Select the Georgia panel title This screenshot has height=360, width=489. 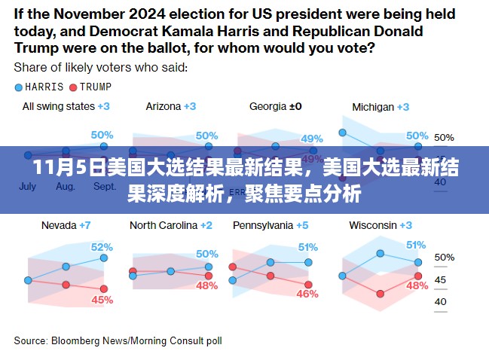tap(275, 106)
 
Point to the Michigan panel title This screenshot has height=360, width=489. tap(380, 107)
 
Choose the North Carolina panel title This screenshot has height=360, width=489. tap(170, 225)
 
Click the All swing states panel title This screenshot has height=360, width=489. tap(66, 106)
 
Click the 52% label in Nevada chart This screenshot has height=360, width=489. tap(102, 246)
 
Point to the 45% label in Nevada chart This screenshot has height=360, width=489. tap(102, 300)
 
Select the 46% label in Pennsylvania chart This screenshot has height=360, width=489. tap(307, 294)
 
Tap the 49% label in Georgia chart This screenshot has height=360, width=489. tap(311, 139)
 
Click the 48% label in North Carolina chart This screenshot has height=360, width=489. tap(206, 286)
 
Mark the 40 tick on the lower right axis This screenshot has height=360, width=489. tap(440, 303)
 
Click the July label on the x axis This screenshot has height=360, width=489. tap(27, 186)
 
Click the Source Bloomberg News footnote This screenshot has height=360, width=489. tap(118, 341)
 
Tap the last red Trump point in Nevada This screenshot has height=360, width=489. tap(104, 288)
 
